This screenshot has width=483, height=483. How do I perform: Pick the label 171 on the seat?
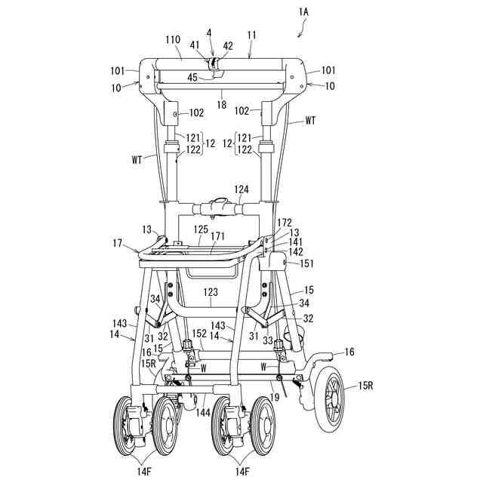click(x=217, y=237)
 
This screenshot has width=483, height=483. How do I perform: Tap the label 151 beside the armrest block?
click(x=308, y=263)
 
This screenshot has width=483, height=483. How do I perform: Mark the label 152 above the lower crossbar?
click(x=199, y=333)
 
